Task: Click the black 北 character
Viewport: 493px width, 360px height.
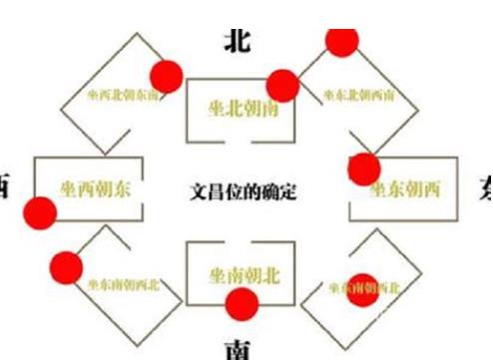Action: pos(237,39)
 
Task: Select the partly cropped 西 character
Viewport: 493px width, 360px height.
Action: pos(4,186)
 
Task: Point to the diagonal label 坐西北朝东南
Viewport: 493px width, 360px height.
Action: pos(111,97)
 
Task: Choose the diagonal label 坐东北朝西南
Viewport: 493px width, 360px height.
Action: pos(359,96)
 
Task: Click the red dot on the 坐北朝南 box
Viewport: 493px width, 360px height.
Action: pos(282,86)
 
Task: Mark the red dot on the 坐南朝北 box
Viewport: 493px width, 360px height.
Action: pos(240,307)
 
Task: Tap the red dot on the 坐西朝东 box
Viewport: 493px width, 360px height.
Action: pos(41,211)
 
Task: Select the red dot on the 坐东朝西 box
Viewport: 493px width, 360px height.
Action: pos(363,168)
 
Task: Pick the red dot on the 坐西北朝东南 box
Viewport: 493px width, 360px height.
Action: pos(165,74)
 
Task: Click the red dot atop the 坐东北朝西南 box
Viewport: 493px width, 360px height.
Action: pos(342,40)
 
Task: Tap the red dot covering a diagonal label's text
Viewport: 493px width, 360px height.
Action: pos(364,286)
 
